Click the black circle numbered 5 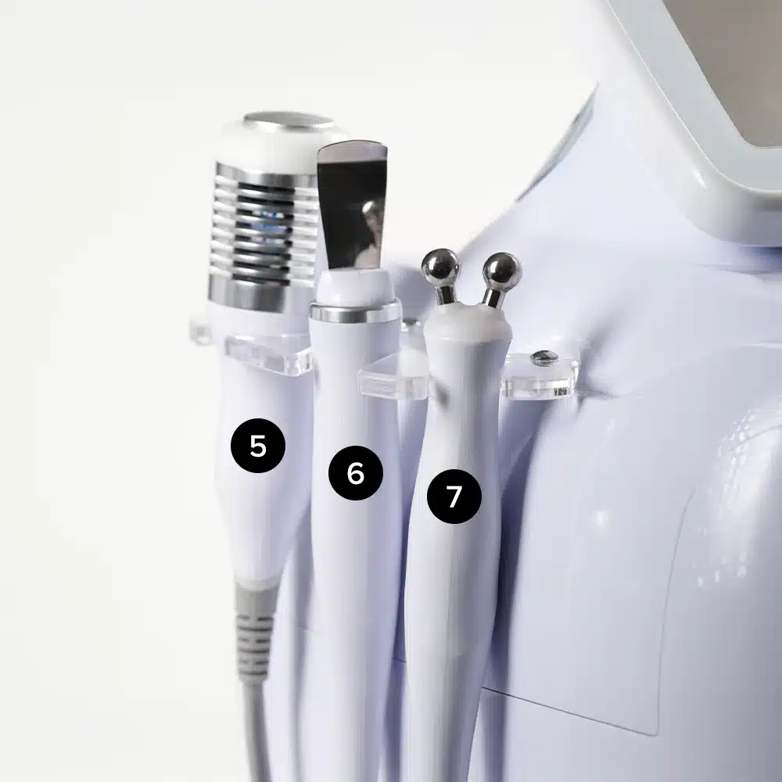point(258,446)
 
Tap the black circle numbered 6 point(356,473)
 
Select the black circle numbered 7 point(454,497)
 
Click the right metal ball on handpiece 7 point(502,271)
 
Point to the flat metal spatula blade point(352,204)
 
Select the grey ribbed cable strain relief point(255,633)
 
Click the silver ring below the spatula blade point(355,313)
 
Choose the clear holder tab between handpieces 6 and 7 point(394,377)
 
